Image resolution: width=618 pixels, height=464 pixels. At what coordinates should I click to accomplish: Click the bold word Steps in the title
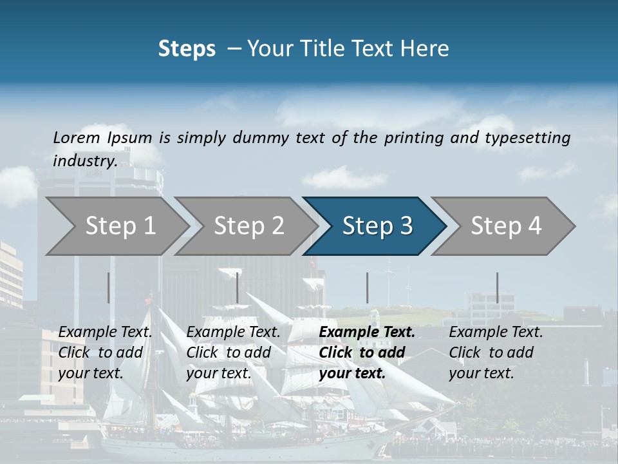click(187, 49)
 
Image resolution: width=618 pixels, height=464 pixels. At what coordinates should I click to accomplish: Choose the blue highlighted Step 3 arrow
click(377, 226)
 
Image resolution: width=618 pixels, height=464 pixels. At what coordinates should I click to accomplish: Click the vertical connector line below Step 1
click(108, 287)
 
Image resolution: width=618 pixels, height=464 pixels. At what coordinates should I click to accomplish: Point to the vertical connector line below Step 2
click(238, 287)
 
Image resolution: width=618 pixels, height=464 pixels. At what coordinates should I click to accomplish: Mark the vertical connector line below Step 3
click(367, 287)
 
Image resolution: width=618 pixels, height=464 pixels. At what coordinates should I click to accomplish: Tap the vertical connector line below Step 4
click(497, 287)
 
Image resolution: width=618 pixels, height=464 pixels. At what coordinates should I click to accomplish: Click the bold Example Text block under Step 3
click(366, 353)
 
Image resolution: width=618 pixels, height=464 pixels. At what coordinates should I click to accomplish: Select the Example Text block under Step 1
click(105, 353)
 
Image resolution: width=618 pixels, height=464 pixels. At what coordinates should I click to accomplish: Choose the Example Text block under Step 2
click(233, 353)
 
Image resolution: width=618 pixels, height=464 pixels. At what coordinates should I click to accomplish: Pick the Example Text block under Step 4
click(496, 353)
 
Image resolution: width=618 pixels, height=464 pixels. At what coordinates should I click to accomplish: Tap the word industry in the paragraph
click(84, 161)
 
